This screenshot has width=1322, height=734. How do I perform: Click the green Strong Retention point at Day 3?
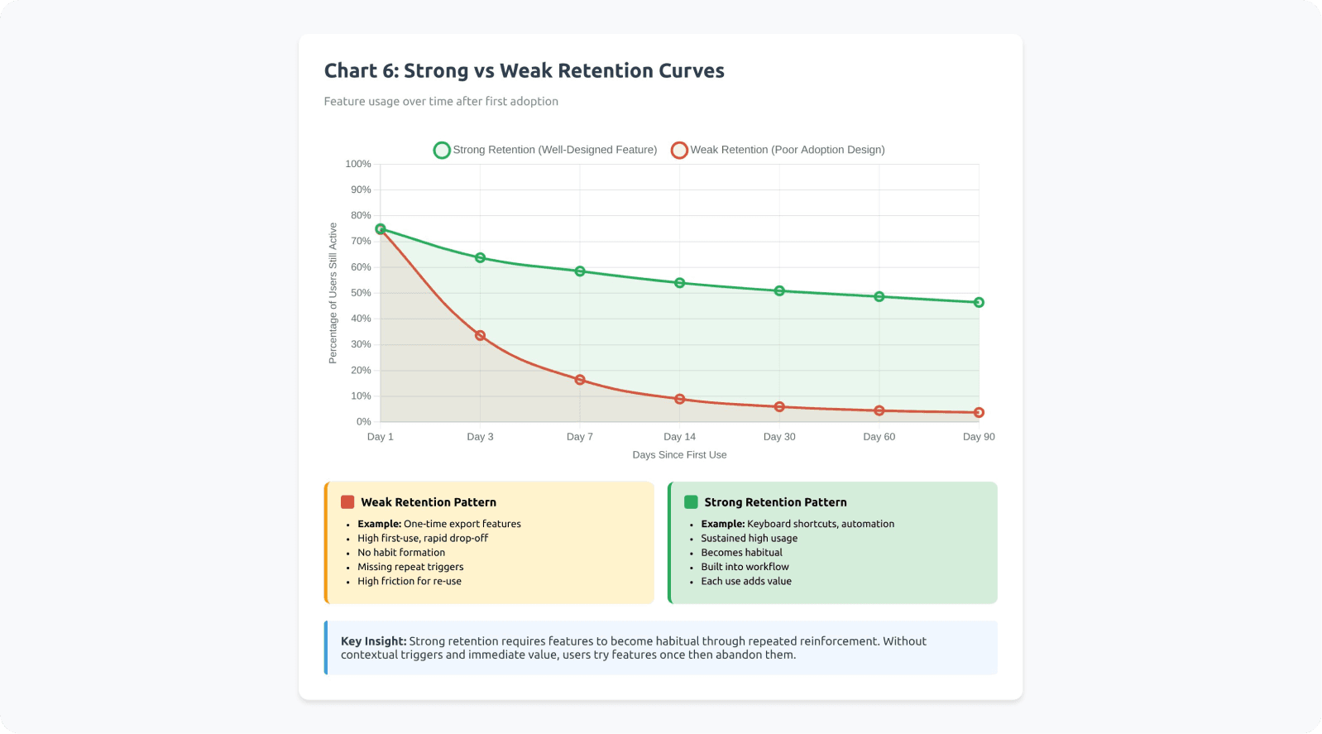(x=480, y=258)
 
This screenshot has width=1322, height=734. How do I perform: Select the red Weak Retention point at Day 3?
(x=480, y=336)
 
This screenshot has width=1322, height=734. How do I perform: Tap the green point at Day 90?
(x=979, y=303)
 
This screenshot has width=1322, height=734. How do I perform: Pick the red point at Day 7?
(x=580, y=380)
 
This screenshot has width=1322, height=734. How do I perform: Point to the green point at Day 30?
(x=779, y=291)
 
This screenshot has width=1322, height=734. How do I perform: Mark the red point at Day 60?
(x=879, y=410)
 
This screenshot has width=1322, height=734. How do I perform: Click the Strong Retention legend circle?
(x=442, y=150)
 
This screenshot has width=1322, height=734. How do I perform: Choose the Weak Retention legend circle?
(x=679, y=150)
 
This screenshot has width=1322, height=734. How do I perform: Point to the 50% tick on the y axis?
(x=361, y=293)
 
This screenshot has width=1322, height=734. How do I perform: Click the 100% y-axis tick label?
(x=358, y=164)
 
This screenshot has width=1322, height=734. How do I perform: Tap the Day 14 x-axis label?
(x=679, y=437)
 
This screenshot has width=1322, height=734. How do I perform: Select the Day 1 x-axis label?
(x=381, y=437)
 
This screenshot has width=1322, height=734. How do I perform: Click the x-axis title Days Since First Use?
(x=679, y=455)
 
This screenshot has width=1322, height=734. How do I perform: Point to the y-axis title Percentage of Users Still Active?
(x=333, y=293)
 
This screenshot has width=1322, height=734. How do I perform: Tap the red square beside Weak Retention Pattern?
(x=347, y=502)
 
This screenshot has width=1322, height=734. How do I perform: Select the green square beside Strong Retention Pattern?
(x=691, y=502)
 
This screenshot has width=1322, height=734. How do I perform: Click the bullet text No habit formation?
(x=401, y=553)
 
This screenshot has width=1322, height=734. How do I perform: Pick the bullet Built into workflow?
(x=745, y=567)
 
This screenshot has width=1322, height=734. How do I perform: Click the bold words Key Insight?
(x=373, y=641)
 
